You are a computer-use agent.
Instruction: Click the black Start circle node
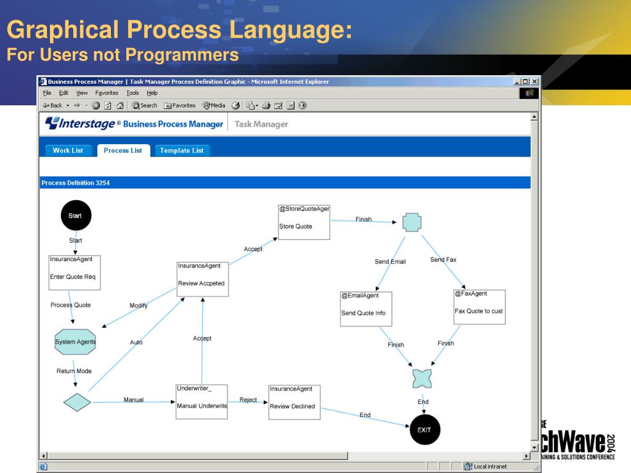pyautogui.click(x=75, y=216)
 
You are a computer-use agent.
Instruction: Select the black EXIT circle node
pyautogui.click(x=425, y=429)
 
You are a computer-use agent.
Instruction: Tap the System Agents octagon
pyautogui.click(x=76, y=342)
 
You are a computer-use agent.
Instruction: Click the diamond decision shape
pyautogui.click(x=77, y=402)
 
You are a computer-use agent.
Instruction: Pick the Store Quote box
pyautogui.click(x=304, y=222)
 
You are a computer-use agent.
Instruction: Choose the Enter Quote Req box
pyautogui.click(x=75, y=272)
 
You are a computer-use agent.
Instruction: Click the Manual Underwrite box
pyautogui.click(x=202, y=402)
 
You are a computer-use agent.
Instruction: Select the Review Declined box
pyautogui.click(x=295, y=402)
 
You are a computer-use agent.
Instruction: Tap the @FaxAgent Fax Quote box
pyautogui.click(x=479, y=307)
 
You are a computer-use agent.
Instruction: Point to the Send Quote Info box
pyautogui.click(x=366, y=309)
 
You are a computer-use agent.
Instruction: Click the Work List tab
pyautogui.click(x=68, y=150)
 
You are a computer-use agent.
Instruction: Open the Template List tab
pyautogui.click(x=181, y=150)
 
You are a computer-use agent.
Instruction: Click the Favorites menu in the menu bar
pyautogui.click(x=107, y=93)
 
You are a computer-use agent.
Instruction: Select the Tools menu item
pyautogui.click(x=132, y=93)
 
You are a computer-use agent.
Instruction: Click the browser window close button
pyautogui.click(x=534, y=82)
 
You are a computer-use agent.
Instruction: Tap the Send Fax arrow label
pyautogui.click(x=443, y=260)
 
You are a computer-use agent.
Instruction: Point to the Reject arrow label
pyautogui.click(x=248, y=400)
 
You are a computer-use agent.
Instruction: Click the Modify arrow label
pyautogui.click(x=139, y=305)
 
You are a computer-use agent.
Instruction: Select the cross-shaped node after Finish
pyautogui.click(x=412, y=222)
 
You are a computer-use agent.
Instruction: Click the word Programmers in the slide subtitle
pyautogui.click(x=182, y=55)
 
